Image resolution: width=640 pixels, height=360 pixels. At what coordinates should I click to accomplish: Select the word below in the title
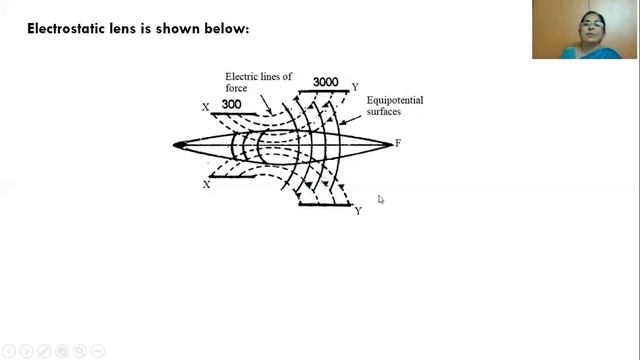227,28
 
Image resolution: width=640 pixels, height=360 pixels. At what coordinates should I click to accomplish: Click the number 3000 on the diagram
326,82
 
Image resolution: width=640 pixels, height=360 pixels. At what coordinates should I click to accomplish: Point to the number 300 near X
231,104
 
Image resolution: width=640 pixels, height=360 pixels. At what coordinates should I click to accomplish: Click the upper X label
206,107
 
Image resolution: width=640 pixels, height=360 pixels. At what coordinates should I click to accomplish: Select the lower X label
207,185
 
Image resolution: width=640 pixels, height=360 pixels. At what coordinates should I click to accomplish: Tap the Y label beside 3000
355,87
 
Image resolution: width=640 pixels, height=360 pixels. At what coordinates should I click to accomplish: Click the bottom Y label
358,211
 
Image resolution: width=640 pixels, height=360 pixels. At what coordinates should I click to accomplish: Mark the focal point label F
398,144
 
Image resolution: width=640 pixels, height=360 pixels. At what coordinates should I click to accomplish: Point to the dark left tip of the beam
179,145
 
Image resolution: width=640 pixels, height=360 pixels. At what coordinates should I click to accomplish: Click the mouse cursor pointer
380,199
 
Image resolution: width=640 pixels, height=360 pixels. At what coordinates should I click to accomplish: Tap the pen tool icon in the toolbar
43,351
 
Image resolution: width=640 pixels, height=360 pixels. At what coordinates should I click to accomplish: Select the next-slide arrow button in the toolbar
27,351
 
